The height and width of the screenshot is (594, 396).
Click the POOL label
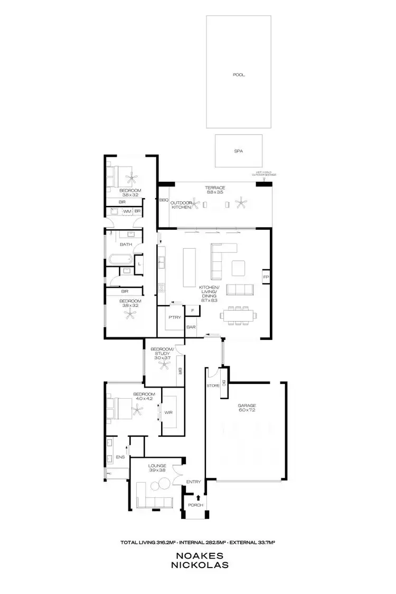pos(239,75)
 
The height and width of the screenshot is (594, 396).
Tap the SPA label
pos(239,151)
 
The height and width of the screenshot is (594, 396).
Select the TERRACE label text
pos(215,188)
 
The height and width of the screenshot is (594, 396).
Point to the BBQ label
pos(164,200)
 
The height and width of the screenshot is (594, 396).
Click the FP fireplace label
pos(266,277)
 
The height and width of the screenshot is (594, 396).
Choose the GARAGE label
pos(247,406)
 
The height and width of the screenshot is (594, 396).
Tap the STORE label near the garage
pos(213,386)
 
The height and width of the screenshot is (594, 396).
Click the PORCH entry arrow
pos(198,497)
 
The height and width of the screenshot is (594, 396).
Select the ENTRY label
pos(194,482)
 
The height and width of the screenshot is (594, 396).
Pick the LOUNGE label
pos(157,466)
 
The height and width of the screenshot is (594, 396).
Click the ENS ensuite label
pos(120,457)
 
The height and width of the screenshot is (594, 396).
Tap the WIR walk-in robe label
pos(169,412)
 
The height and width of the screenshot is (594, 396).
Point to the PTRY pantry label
pos(175,317)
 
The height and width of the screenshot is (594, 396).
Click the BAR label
pos(191,327)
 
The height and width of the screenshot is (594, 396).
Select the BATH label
pos(126,244)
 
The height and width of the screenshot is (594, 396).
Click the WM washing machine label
pos(127,212)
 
